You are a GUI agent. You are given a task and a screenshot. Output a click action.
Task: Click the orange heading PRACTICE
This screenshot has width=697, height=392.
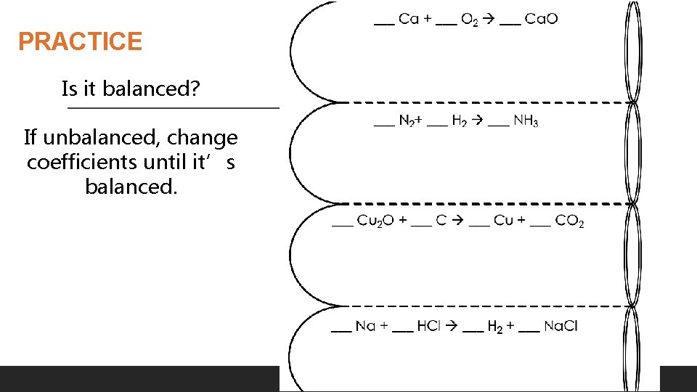[x=80, y=41]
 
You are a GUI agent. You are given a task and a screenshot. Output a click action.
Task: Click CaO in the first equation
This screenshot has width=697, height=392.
[x=541, y=20]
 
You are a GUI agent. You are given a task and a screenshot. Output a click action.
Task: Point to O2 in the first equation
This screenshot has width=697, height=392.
[x=470, y=20]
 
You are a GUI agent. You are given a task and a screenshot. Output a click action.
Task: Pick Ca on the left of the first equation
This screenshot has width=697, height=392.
[x=409, y=20]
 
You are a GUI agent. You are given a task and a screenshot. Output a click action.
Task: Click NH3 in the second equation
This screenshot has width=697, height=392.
[x=526, y=121]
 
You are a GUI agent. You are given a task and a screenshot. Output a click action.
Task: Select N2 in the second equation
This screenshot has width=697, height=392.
[x=407, y=121]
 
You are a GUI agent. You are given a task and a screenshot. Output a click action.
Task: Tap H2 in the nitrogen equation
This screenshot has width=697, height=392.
[x=460, y=121]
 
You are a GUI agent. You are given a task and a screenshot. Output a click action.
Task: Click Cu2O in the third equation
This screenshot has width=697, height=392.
[x=377, y=221]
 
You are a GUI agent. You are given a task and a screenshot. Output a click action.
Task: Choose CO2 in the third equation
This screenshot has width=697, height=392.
[x=569, y=221]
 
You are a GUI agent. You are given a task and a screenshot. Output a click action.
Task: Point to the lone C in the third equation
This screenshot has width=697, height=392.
[x=441, y=221]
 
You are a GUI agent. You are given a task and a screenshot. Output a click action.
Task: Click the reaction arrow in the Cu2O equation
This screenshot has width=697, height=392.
[x=457, y=221]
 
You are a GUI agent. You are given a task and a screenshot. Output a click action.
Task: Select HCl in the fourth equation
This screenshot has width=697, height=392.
[x=428, y=327]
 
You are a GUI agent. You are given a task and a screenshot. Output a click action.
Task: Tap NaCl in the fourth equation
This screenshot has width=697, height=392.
[x=560, y=327]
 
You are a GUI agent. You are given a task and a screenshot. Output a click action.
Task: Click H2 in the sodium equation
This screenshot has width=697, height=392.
[x=496, y=327]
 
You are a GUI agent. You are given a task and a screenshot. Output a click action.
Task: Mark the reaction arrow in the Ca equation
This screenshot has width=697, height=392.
[x=489, y=20]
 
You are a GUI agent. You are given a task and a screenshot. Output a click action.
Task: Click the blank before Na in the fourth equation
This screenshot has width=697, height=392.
[x=341, y=330]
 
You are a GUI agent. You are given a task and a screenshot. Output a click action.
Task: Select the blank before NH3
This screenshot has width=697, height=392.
[x=498, y=125]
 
